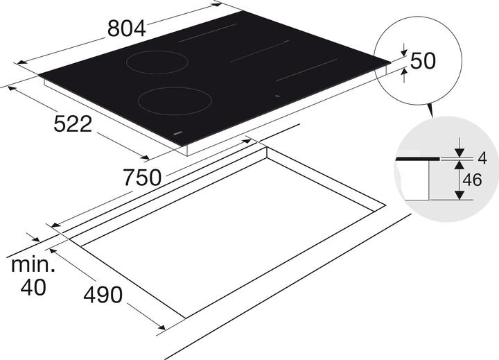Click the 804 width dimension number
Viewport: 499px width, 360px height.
tap(127, 28)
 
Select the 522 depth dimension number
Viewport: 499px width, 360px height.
tap(73, 125)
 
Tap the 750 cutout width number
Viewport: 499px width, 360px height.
tap(142, 178)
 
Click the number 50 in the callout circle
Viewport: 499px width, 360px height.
tap(422, 61)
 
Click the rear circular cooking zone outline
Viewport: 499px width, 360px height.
tap(157, 62)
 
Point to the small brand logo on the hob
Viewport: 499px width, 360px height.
tap(176, 131)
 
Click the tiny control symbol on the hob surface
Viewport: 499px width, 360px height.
tap(277, 96)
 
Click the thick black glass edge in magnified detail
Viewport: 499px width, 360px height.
tap(416, 160)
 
